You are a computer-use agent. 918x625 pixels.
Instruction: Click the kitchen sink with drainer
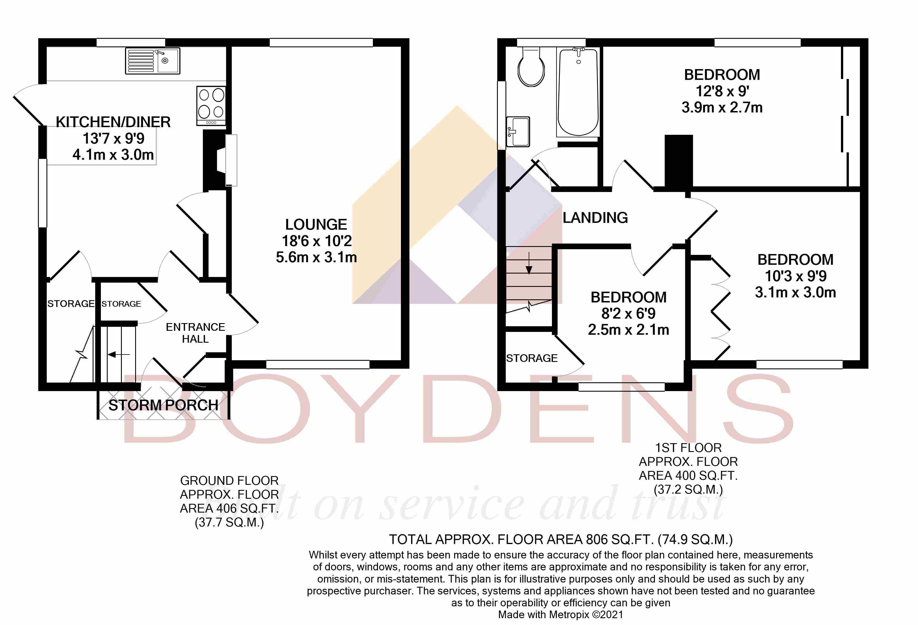click(x=152, y=61)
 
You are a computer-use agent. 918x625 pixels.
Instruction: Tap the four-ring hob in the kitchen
click(x=211, y=106)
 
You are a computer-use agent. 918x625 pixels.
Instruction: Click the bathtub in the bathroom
click(x=578, y=93)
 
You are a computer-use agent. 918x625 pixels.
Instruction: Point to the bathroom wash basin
click(x=517, y=131)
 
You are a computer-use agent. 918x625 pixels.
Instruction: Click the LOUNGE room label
click(x=316, y=225)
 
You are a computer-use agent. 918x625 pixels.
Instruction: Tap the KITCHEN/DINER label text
click(x=113, y=122)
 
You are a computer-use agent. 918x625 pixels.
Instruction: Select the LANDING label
click(x=595, y=217)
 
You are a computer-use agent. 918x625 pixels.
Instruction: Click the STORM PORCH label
click(x=163, y=405)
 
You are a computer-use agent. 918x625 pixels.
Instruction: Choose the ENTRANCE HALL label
click(x=195, y=333)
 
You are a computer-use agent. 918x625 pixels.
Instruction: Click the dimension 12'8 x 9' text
click(x=722, y=91)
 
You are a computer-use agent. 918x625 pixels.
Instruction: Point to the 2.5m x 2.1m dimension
click(x=628, y=330)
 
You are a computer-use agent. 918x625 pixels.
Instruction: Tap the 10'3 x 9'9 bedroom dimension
click(x=795, y=276)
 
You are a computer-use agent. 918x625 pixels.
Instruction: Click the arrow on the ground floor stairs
click(x=118, y=355)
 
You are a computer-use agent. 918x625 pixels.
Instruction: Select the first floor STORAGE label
click(x=532, y=358)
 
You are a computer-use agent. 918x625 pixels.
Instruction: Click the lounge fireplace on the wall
click(x=231, y=160)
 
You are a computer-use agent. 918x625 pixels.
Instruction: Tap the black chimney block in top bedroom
click(x=679, y=161)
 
